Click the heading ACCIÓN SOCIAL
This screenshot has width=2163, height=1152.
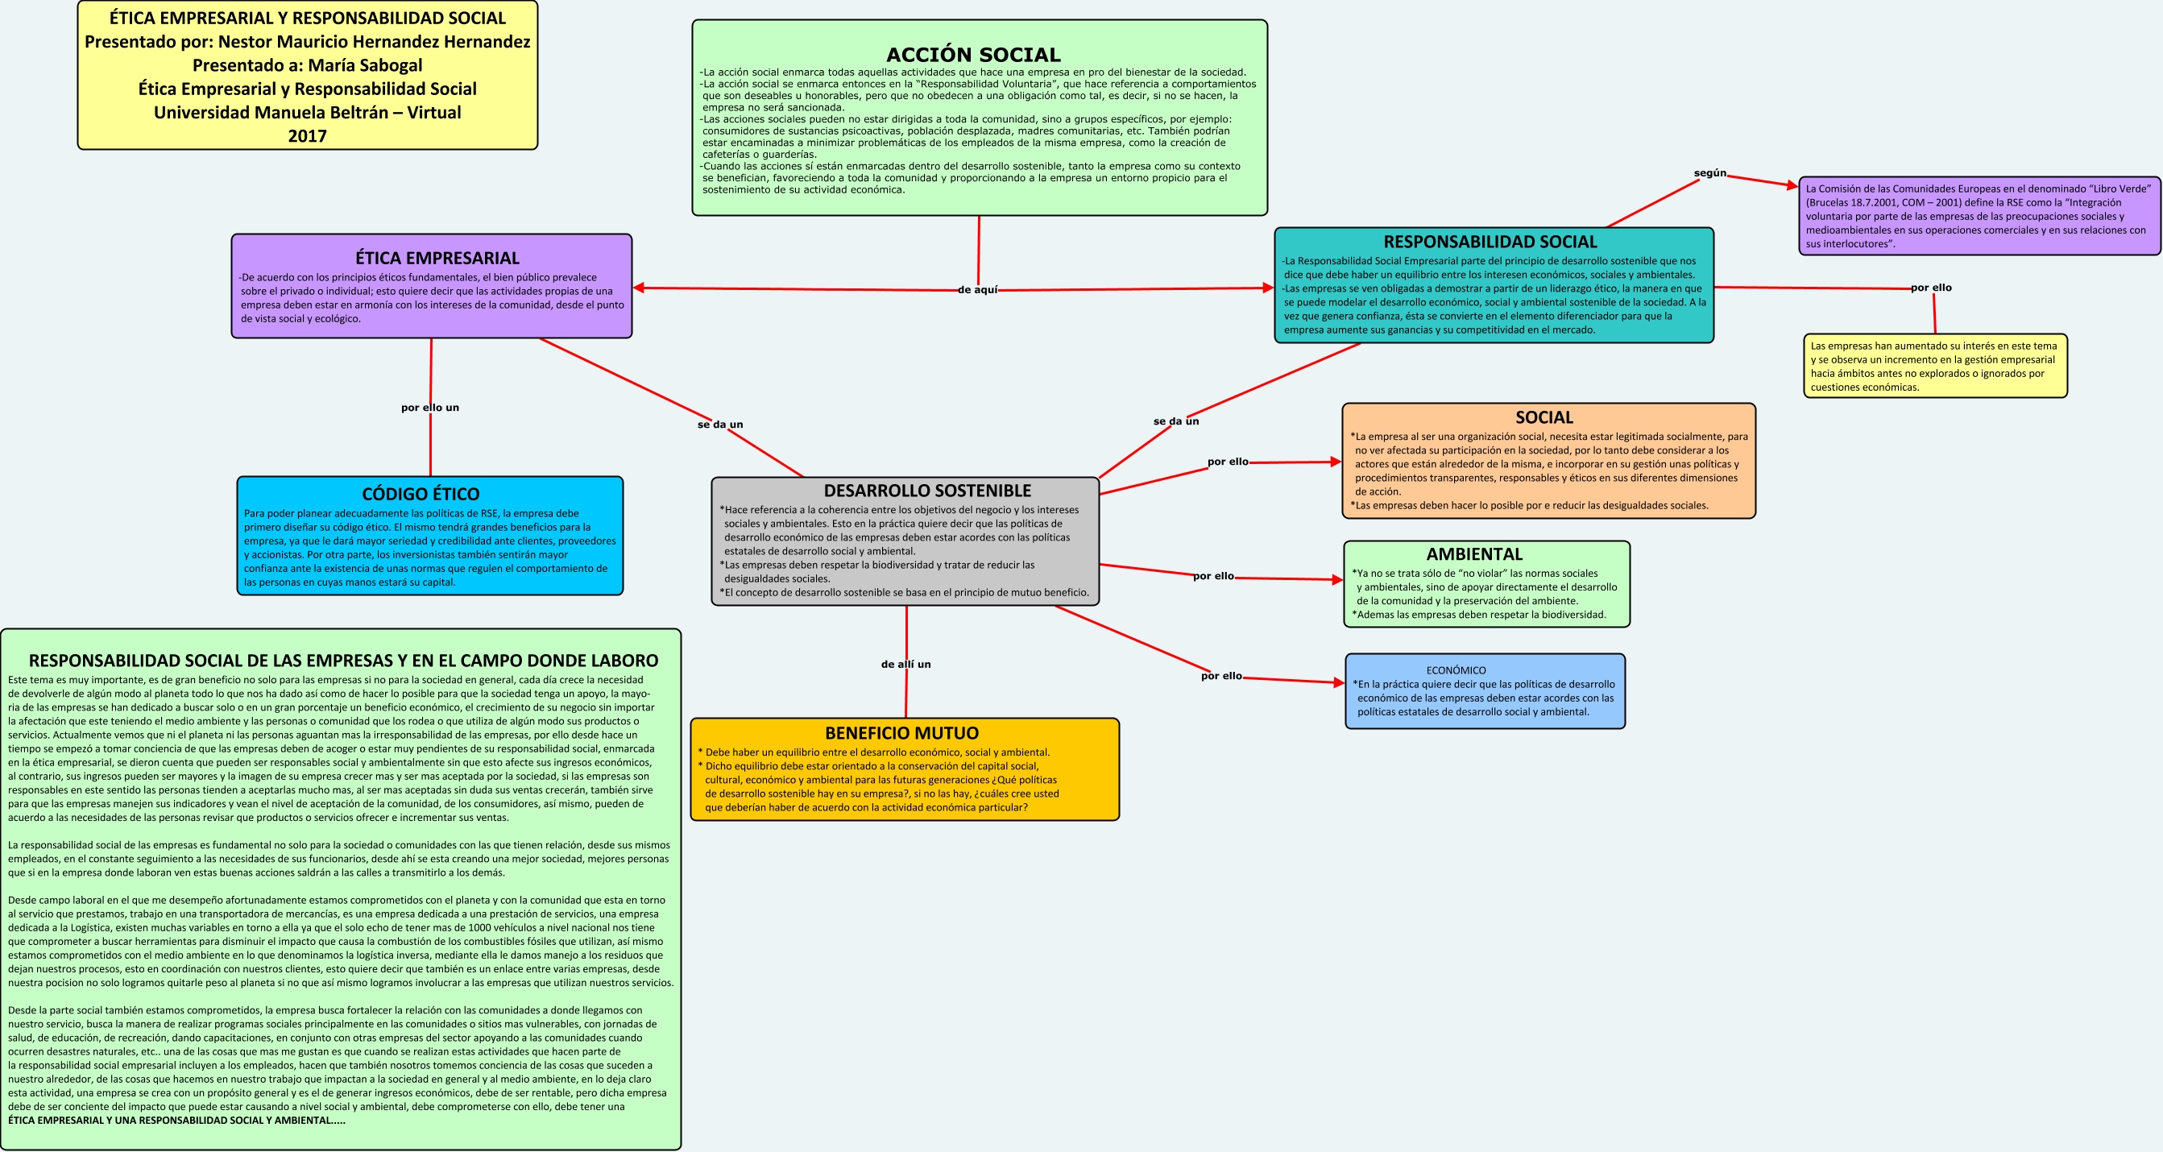(x=973, y=55)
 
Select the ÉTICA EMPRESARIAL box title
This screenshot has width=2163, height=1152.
(x=437, y=258)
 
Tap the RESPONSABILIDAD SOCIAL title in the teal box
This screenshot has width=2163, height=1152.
(x=1490, y=242)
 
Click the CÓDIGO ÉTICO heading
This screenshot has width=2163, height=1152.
(x=421, y=494)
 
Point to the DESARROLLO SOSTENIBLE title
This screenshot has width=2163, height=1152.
(x=927, y=491)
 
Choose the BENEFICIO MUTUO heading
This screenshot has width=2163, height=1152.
(x=901, y=733)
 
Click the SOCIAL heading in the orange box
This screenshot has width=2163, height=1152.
(x=1544, y=417)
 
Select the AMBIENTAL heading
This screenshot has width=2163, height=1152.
(x=1474, y=554)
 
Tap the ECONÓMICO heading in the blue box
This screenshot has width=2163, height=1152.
(x=1456, y=670)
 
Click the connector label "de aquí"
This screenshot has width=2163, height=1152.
(x=978, y=290)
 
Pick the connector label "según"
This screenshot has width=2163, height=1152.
(x=1710, y=173)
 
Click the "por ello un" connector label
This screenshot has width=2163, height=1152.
(x=430, y=408)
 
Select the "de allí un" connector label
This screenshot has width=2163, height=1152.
(x=906, y=664)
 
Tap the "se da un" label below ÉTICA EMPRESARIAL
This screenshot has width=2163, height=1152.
(x=720, y=424)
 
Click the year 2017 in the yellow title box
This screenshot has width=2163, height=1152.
(x=307, y=136)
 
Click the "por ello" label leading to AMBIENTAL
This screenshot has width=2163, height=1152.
(x=1213, y=576)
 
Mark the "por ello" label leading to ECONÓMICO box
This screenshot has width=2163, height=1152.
(x=1222, y=676)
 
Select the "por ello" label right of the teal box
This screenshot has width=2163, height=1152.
(x=1931, y=287)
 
